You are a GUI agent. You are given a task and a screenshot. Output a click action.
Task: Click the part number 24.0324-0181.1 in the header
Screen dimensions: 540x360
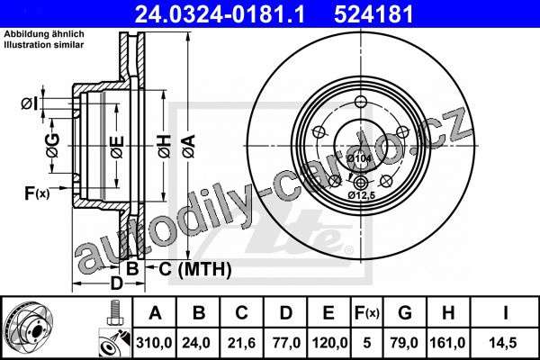click(x=220, y=14)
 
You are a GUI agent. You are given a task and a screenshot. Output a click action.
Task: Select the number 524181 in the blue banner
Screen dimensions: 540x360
click(x=373, y=14)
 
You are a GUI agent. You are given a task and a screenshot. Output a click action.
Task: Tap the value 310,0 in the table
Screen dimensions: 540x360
click(x=154, y=343)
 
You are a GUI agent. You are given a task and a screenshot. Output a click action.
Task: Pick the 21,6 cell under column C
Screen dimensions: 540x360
click(x=241, y=343)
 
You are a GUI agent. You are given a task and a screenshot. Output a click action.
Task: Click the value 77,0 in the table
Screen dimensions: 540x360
click(x=286, y=343)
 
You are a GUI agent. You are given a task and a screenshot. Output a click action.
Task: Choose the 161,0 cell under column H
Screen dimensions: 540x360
click(x=447, y=343)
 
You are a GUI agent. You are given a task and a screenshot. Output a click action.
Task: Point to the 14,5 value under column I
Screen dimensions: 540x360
click(x=505, y=343)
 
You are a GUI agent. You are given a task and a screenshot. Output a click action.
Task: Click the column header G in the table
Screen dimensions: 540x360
click(x=405, y=313)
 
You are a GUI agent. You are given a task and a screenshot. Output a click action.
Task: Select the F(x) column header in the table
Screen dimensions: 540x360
click(x=367, y=313)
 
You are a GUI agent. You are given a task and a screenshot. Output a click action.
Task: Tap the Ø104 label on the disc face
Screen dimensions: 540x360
click(x=359, y=158)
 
